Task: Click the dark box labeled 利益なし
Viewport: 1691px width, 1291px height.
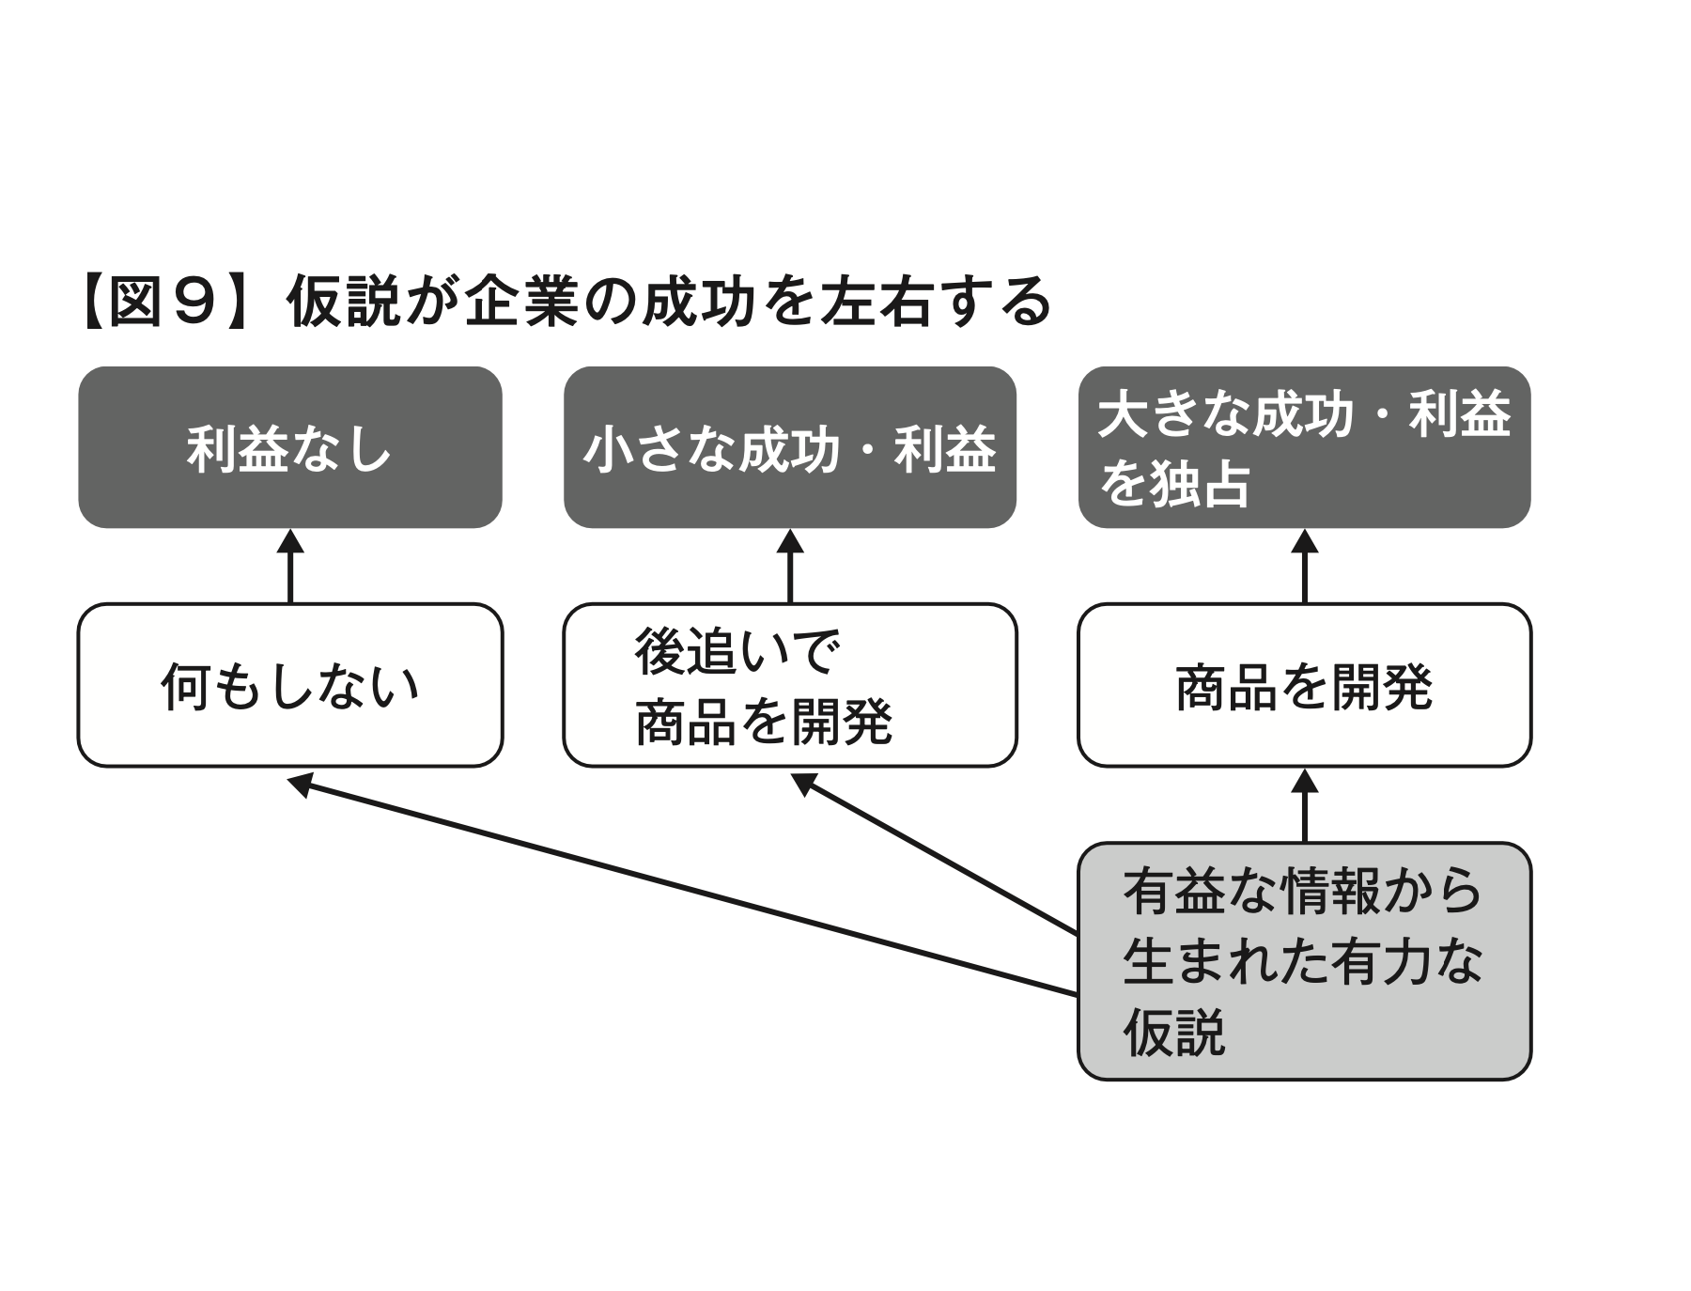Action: click(x=289, y=447)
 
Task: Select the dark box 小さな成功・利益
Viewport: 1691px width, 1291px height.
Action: click(x=789, y=447)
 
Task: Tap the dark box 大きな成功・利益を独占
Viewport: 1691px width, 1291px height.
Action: click(x=1304, y=447)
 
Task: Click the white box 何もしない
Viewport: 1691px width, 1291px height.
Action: click(x=289, y=685)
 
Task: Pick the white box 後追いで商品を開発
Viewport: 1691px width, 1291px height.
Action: click(x=789, y=685)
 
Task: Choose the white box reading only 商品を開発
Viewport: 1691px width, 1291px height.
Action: click(x=1304, y=685)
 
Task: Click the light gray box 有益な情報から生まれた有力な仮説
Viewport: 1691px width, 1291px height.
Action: click(x=1304, y=960)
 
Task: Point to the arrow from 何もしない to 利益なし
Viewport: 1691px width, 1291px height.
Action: click(x=290, y=568)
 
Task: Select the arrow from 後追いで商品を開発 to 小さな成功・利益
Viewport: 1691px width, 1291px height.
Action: click(x=790, y=568)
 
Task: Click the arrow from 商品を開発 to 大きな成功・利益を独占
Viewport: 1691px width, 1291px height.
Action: click(x=1305, y=568)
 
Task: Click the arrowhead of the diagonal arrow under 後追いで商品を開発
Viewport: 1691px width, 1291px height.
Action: click(x=804, y=782)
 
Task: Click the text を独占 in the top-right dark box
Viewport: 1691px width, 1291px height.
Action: click(x=1174, y=484)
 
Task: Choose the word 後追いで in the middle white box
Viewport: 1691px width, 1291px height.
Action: click(x=735, y=651)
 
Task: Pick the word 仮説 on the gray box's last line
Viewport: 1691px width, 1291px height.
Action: click(x=1174, y=1032)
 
